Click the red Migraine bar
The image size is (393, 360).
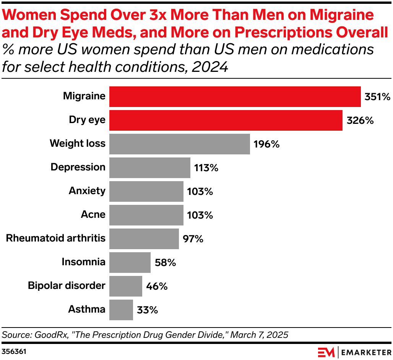click(235, 97)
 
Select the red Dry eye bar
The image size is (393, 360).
click(226, 120)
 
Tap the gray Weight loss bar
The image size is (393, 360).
click(179, 144)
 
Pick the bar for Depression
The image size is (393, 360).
click(149, 168)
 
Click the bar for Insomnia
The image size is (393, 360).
click(130, 263)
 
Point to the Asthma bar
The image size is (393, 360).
click(121, 310)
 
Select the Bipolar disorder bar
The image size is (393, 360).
click(125, 286)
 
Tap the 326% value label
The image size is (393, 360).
click(360, 121)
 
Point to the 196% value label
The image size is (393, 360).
click(266, 144)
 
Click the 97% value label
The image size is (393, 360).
click(193, 239)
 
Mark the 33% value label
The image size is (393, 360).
click(148, 310)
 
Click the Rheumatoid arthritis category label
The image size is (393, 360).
click(55, 238)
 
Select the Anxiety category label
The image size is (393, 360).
click(87, 191)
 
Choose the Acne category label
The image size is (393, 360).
click(93, 214)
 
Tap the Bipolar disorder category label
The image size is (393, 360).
click(67, 286)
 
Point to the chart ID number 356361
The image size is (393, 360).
click(14, 351)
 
